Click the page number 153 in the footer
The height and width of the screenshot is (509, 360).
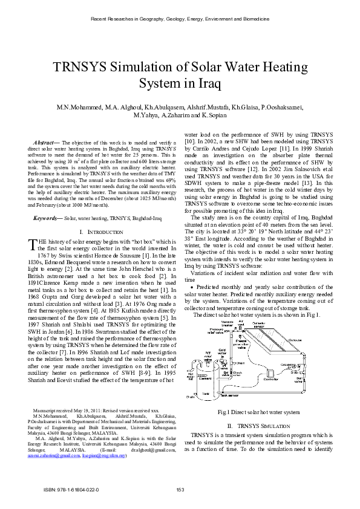pos(180,489)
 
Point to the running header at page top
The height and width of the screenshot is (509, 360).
pos(180,19)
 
